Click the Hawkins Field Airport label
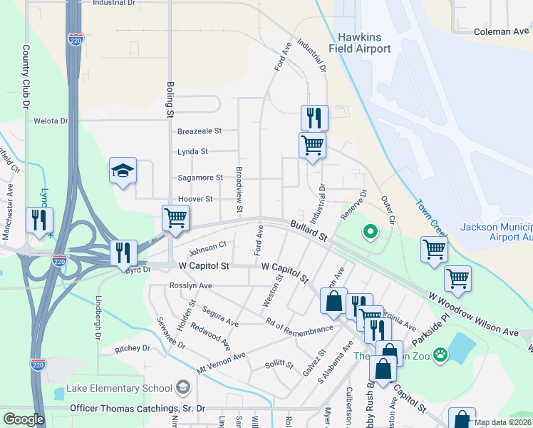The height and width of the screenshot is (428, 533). [x=360, y=43]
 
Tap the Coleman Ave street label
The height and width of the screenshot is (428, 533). [x=501, y=31]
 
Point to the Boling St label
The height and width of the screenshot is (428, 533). [x=170, y=99]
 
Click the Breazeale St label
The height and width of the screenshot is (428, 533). [x=200, y=131]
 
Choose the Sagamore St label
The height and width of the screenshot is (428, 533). [x=200, y=177]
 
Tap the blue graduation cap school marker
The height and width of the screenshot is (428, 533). [x=123, y=171]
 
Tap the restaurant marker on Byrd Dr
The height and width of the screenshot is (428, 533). [x=123, y=253]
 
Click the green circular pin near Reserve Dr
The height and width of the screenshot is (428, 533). [x=369, y=231]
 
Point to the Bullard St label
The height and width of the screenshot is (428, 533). [x=308, y=230]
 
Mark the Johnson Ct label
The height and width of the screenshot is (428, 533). [x=207, y=249]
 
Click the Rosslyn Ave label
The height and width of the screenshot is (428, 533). [x=191, y=285]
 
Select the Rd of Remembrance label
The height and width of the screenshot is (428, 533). [x=299, y=325]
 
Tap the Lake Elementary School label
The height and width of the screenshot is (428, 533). [x=118, y=388]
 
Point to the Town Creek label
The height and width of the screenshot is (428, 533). [x=430, y=218]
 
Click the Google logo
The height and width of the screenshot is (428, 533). [x=24, y=419]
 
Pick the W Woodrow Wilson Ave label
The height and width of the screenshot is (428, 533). [x=473, y=315]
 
